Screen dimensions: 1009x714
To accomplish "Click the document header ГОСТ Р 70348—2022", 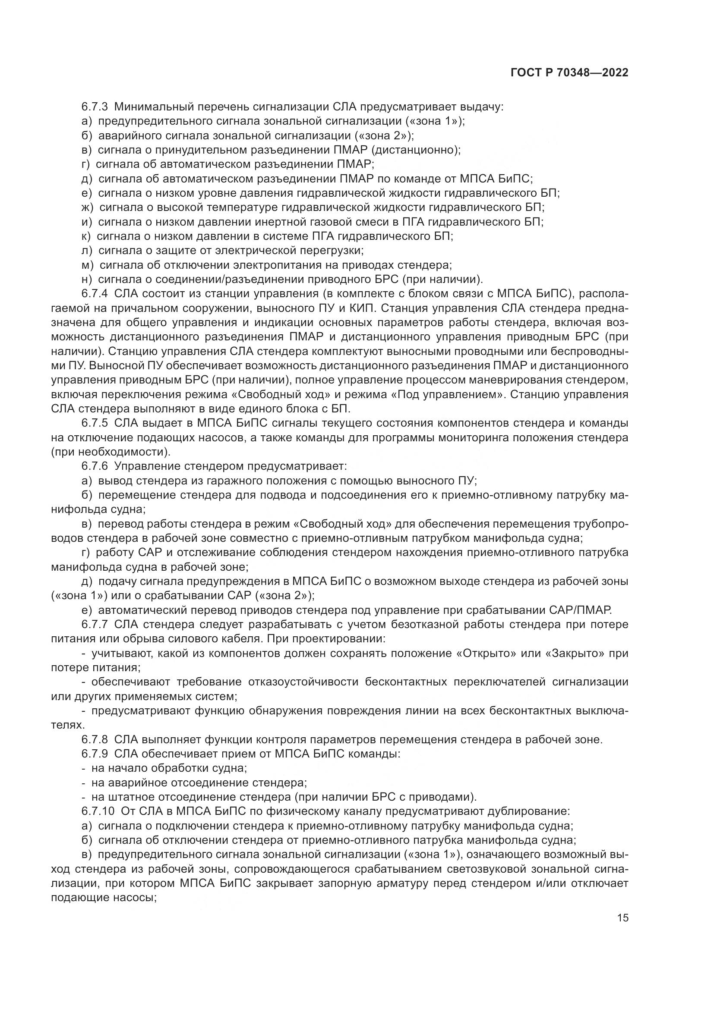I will [x=569, y=73].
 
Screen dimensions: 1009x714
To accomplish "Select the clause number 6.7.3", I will [x=95, y=107].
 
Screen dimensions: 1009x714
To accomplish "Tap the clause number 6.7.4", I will [x=95, y=294].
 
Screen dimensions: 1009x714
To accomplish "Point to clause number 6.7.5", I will [x=95, y=423].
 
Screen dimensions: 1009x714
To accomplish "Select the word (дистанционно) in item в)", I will [x=415, y=150].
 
